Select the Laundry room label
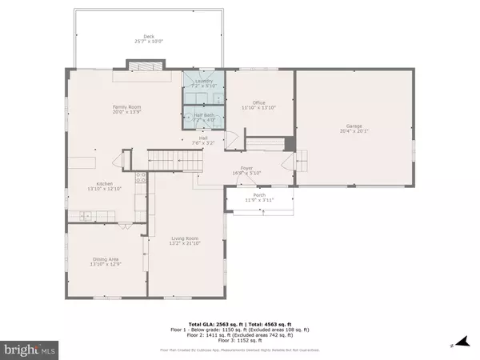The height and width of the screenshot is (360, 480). click(x=204, y=81)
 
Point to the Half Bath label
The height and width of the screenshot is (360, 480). click(x=204, y=115)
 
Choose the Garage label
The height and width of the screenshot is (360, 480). click(x=354, y=126)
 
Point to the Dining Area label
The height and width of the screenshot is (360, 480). click(x=106, y=258)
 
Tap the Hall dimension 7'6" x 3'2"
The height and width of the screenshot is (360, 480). click(x=204, y=142)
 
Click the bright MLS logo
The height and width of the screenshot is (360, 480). click(x=30, y=349)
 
